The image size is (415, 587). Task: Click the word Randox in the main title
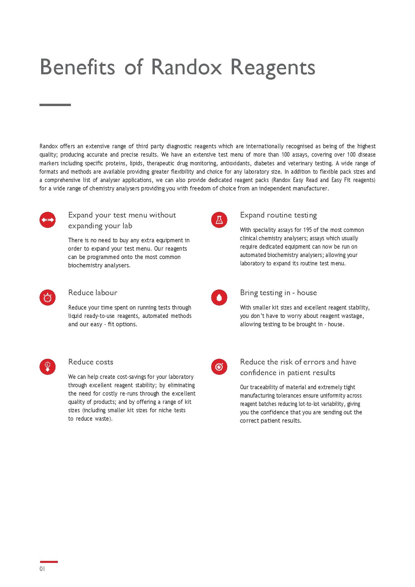pyautogui.click(x=186, y=67)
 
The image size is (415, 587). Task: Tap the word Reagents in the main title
pyautogui.click(x=273, y=68)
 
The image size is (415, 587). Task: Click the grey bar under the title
pyautogui.click(x=55, y=105)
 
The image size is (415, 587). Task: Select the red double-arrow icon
pyautogui.click(x=47, y=220)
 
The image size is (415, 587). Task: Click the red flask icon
pyautogui.click(x=219, y=220)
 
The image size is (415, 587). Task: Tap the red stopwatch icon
pyautogui.click(x=47, y=298)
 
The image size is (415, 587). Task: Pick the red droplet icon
pyautogui.click(x=219, y=298)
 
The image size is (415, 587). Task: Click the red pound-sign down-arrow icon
pyautogui.click(x=47, y=366)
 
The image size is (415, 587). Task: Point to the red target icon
pyautogui.click(x=219, y=367)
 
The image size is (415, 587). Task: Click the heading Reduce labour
pyautogui.click(x=93, y=293)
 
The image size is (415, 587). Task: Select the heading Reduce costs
pyautogui.click(x=91, y=362)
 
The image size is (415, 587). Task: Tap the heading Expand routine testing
pyautogui.click(x=278, y=215)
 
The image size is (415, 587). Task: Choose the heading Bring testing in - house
pyautogui.click(x=278, y=293)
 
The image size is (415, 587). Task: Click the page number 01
pyautogui.click(x=42, y=569)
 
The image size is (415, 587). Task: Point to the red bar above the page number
pyautogui.click(x=49, y=562)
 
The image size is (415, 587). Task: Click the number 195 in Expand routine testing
pyautogui.click(x=307, y=230)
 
